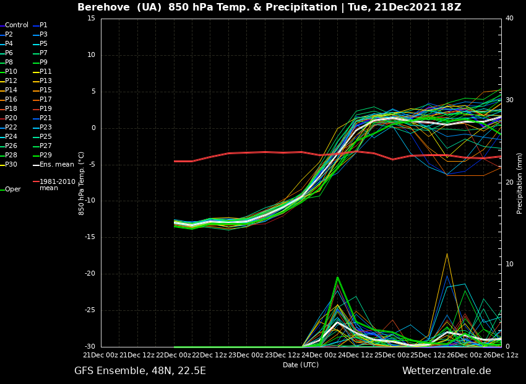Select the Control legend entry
click(x=17, y=25)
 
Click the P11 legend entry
click(x=46, y=72)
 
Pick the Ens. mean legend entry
click(x=56, y=165)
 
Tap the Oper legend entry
click(x=12, y=190)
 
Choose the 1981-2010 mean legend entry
click(x=57, y=185)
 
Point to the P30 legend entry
click(x=11, y=165)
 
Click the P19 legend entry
click(x=46, y=109)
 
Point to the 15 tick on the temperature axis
click(x=91, y=19)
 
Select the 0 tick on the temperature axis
click(x=93, y=128)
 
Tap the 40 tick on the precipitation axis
click(x=509, y=19)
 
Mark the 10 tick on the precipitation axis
click(x=509, y=264)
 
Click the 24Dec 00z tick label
click(x=319, y=355)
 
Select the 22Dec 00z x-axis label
click(x=173, y=355)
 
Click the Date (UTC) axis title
click(x=301, y=365)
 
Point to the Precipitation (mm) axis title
click(x=520, y=183)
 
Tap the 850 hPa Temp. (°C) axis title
click(x=82, y=183)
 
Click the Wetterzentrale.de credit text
click(x=446, y=371)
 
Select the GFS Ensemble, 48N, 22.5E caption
click(x=140, y=371)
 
